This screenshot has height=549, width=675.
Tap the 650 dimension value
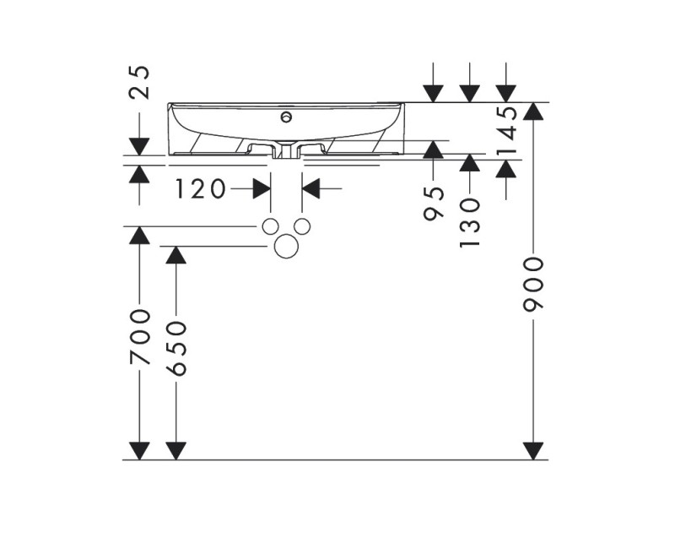click(x=175, y=348)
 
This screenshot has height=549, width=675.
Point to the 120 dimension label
click(x=201, y=189)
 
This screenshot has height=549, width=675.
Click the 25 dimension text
click(x=139, y=82)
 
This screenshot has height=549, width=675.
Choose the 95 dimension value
click(x=433, y=202)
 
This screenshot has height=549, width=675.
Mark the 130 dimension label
click(x=469, y=222)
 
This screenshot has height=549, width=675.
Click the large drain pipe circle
click(x=287, y=246)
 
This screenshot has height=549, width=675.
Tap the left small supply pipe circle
click(x=270, y=226)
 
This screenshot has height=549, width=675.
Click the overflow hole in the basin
click(x=287, y=117)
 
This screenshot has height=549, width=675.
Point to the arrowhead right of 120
click(x=310, y=189)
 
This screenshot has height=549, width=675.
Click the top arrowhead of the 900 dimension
click(x=533, y=111)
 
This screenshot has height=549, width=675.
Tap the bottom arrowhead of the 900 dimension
click(x=533, y=451)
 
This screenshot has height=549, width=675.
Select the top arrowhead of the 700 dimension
click(x=139, y=236)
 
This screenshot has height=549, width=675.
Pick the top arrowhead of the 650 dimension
click(x=175, y=255)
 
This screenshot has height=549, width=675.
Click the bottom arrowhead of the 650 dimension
click(x=175, y=451)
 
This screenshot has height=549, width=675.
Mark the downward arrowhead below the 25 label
click(x=139, y=146)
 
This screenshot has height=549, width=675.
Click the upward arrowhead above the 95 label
click(x=433, y=149)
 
